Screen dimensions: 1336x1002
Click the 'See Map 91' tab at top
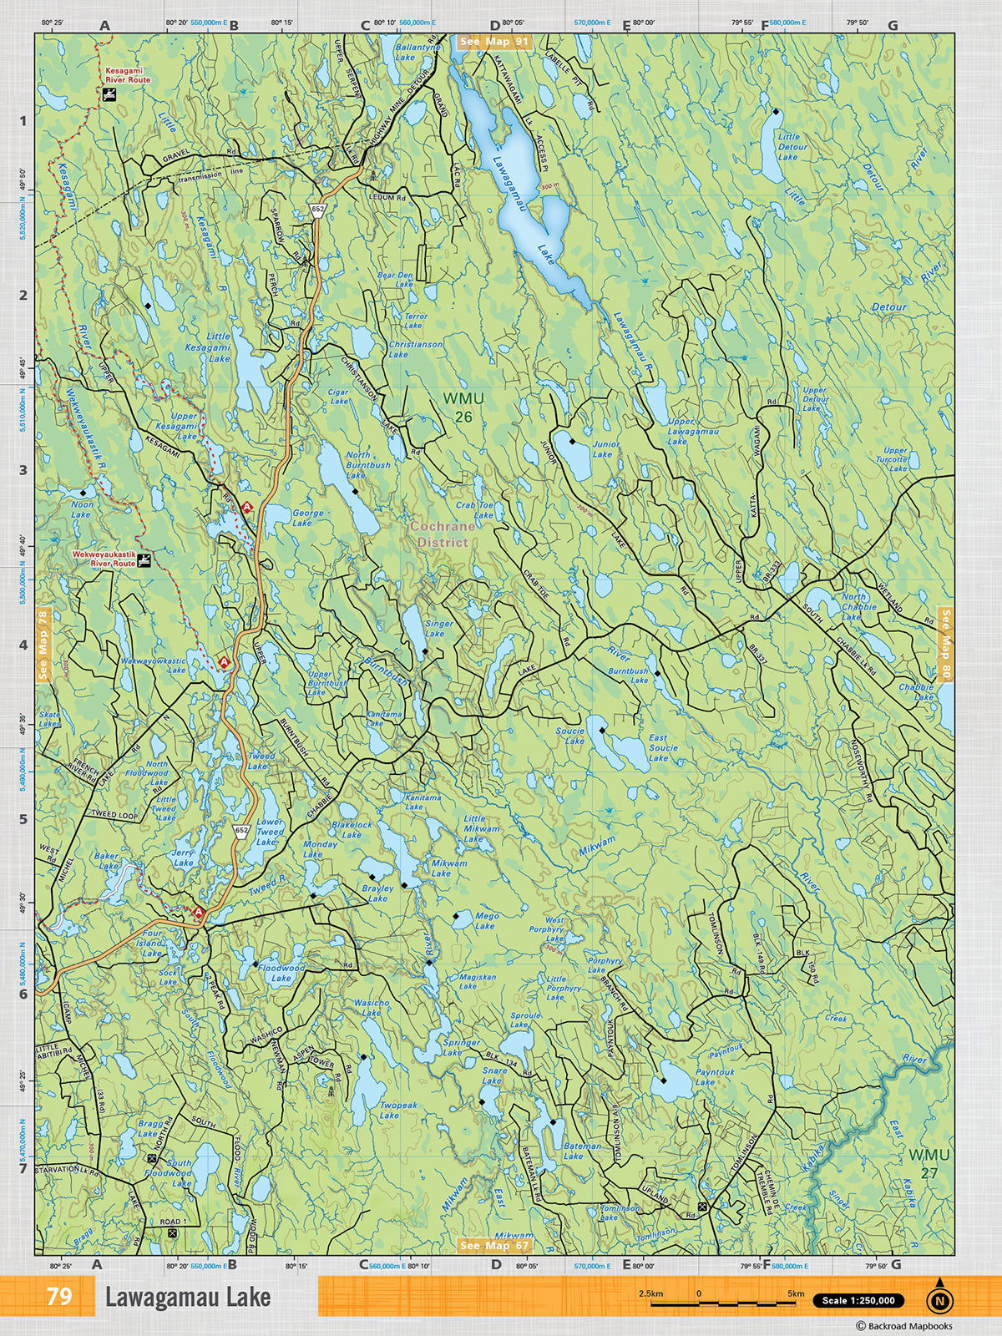(494, 41)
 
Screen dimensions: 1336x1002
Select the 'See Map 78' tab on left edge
(43, 644)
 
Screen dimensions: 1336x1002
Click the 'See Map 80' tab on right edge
(945, 644)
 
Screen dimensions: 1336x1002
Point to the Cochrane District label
(442, 534)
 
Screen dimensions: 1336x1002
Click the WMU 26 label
(458, 407)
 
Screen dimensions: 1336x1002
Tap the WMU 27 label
(929, 1163)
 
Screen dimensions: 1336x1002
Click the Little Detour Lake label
(788, 146)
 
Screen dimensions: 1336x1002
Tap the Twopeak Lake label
(399, 1110)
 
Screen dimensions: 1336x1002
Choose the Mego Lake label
(486, 921)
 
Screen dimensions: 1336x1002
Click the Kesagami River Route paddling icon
(109, 95)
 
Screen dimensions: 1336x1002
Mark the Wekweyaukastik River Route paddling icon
(144, 559)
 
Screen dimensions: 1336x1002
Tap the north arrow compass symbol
(940, 1298)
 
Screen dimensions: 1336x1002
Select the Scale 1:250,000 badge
(858, 1300)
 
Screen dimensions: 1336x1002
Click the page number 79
(59, 1297)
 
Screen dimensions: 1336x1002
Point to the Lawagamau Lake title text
(188, 1297)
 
